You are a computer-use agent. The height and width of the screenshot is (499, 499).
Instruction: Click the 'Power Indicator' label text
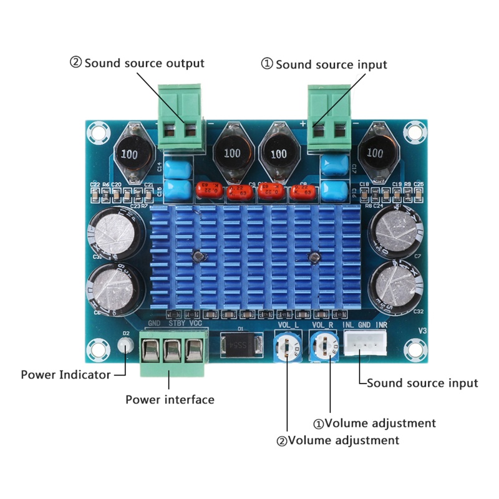(x=65, y=375)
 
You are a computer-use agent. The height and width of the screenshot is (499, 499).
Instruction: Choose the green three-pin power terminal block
(x=171, y=354)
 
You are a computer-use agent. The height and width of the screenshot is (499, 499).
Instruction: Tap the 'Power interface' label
(x=170, y=399)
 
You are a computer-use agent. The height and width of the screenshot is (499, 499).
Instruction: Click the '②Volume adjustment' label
(x=337, y=440)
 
